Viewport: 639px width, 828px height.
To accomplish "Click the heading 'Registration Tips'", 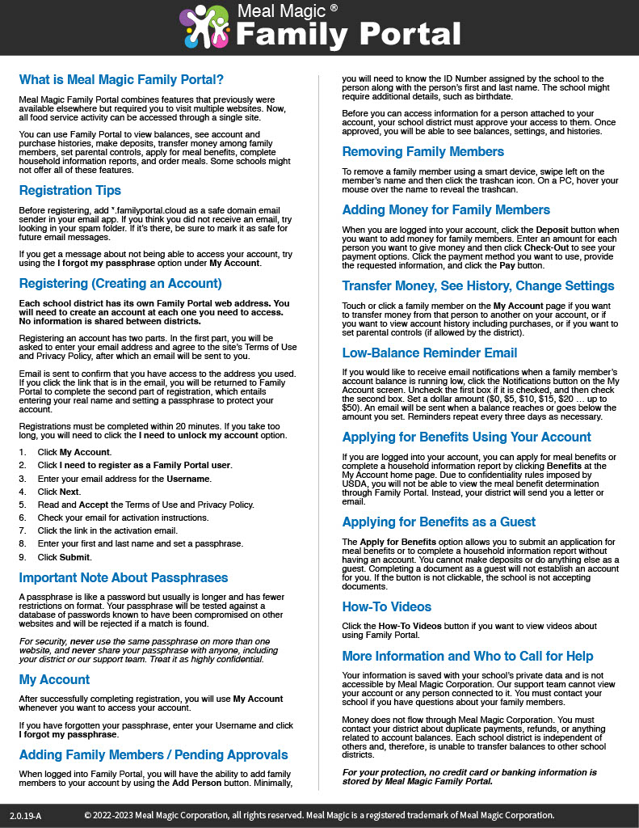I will click(70, 190).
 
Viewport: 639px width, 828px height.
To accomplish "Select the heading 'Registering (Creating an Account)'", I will click(120, 283).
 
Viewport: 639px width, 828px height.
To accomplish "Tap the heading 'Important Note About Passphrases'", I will click(124, 577).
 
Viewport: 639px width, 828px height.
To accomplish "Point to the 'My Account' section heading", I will click(54, 679).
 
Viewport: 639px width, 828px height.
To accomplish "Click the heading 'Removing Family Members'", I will click(422, 151).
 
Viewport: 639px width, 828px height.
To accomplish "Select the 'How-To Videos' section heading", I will click(387, 606).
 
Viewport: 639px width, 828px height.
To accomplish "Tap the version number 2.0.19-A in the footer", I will click(25, 815).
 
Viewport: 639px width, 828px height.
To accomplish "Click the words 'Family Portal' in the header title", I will click(349, 35).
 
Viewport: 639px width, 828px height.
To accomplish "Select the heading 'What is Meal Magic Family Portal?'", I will click(121, 79).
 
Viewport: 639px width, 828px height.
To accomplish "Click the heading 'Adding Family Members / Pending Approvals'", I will click(153, 754).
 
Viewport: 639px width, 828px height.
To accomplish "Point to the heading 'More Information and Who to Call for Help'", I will click(468, 656).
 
